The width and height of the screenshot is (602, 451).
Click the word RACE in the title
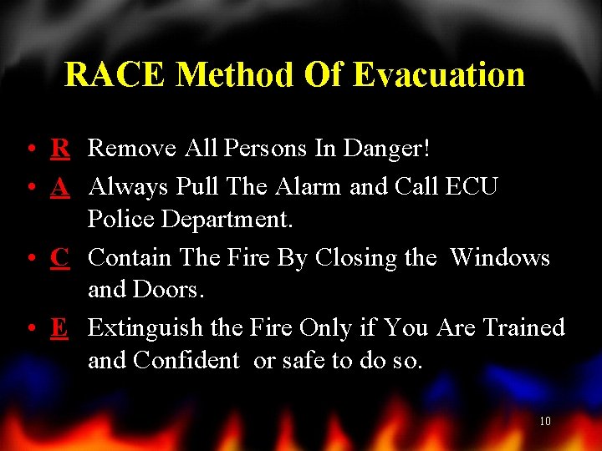115,75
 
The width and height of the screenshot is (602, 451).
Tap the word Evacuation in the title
438,75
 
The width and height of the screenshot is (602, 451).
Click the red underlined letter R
59,149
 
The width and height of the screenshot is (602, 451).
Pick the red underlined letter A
59,185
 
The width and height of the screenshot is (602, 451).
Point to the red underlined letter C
59,257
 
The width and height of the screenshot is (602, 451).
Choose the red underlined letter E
59,327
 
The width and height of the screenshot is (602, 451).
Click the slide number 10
544,422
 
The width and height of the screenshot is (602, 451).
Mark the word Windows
500,257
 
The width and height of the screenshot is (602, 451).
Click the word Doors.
174,291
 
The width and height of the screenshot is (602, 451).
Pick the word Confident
186,362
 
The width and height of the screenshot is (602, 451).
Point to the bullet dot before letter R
29,150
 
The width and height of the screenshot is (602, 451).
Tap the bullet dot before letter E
29,328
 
